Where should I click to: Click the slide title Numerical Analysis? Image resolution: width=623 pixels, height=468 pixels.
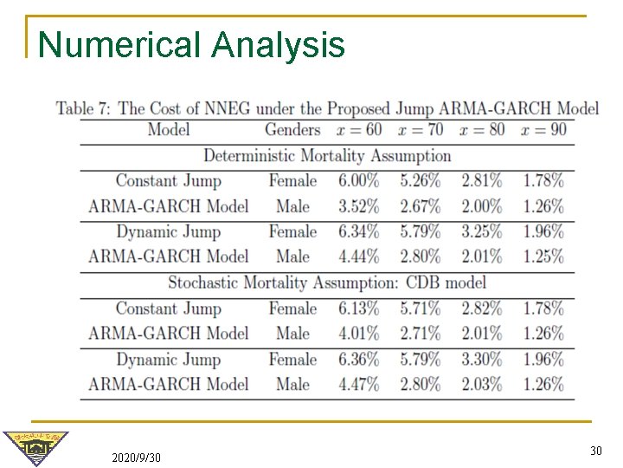[x=191, y=44]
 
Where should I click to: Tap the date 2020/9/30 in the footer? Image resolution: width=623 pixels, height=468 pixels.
[x=136, y=457]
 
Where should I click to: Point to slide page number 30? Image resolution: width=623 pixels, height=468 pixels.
[x=595, y=451]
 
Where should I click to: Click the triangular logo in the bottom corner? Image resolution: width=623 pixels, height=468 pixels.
[x=35, y=448]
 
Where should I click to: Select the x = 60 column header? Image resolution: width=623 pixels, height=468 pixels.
[x=358, y=130]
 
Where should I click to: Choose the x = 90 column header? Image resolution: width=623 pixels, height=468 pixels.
[x=543, y=130]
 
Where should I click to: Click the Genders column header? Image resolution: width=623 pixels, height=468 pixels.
[x=292, y=130]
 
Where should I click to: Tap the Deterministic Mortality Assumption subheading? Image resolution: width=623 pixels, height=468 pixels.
[x=327, y=156]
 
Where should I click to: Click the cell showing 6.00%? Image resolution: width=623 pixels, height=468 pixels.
[x=358, y=181]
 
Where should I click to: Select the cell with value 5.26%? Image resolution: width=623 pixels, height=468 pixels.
[x=420, y=181]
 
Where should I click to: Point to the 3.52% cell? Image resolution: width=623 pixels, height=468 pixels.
[x=358, y=206]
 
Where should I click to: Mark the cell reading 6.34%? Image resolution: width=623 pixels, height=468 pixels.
[x=358, y=231]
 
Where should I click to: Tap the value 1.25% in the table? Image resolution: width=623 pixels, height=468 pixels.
[x=543, y=257]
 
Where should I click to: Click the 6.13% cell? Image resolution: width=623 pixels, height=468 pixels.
[x=358, y=309]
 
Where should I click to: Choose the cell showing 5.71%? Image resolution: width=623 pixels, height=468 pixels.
[x=420, y=309]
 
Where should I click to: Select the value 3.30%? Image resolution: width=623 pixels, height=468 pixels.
[x=481, y=359]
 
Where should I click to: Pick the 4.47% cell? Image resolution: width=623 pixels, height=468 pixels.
[x=358, y=384]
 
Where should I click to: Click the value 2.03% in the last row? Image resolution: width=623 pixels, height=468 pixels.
[x=481, y=384]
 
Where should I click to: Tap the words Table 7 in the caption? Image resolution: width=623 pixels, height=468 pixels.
[x=83, y=108]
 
